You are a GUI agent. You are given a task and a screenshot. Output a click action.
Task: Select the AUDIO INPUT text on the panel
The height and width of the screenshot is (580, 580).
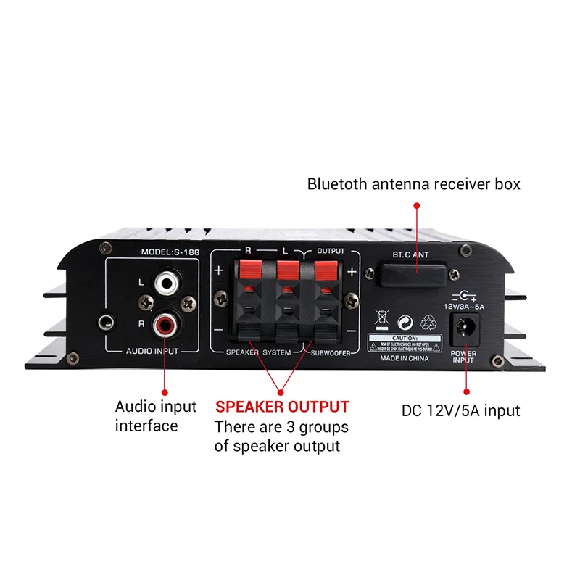pyautogui.click(x=152, y=351)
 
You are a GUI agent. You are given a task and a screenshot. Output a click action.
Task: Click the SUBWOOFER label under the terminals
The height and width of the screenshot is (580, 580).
pyautogui.click(x=333, y=352)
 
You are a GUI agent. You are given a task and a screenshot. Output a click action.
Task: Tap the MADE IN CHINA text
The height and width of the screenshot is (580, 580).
pyautogui.click(x=404, y=358)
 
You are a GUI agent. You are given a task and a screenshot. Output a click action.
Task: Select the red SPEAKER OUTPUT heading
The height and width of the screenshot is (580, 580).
pyautogui.click(x=282, y=407)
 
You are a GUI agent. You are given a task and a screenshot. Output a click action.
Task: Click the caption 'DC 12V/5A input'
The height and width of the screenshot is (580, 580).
pyautogui.click(x=461, y=411)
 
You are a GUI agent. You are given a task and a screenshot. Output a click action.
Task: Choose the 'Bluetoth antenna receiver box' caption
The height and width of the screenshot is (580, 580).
pyautogui.click(x=414, y=184)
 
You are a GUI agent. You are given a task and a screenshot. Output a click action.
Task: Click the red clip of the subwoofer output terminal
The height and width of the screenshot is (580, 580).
pyautogui.click(x=323, y=271)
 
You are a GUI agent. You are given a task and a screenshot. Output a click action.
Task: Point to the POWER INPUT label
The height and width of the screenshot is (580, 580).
pyautogui.click(x=463, y=357)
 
